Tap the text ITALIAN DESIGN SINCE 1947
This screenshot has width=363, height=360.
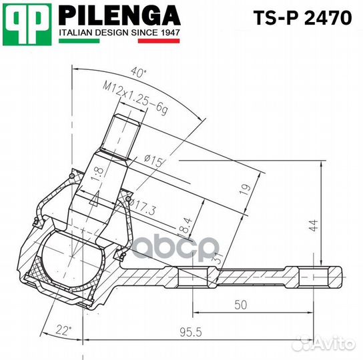[119, 32]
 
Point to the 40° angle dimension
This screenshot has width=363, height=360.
[139, 72]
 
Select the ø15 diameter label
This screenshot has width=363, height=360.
[152, 160]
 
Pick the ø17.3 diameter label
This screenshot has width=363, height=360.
[141, 210]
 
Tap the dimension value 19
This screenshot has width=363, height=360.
[245, 189]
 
